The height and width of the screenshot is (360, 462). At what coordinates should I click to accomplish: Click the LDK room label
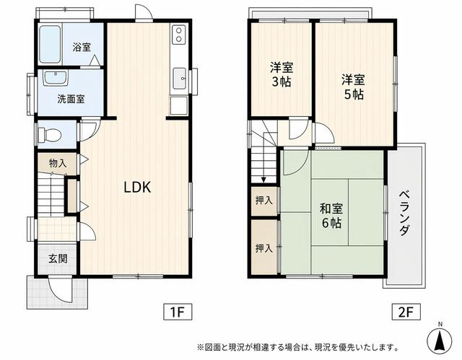click(137, 187)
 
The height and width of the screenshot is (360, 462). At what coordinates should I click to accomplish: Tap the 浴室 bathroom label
click(82, 47)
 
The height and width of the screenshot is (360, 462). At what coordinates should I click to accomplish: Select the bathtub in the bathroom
click(50, 45)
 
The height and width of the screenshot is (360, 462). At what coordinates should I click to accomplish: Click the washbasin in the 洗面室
click(56, 78)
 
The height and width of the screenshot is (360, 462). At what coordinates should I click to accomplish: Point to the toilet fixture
click(50, 135)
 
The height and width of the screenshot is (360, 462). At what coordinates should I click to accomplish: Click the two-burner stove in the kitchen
click(178, 35)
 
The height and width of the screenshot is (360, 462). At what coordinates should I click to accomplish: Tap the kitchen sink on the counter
click(180, 79)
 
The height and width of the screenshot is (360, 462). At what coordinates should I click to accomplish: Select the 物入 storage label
click(58, 163)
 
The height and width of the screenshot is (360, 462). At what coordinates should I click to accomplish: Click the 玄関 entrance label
click(58, 259)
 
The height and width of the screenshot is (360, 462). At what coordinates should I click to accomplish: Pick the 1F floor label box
click(178, 312)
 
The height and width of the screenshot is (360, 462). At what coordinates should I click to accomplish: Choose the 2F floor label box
click(406, 312)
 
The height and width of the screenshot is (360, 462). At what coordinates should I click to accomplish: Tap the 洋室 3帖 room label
click(282, 74)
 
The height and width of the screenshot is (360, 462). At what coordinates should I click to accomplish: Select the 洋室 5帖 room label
click(353, 87)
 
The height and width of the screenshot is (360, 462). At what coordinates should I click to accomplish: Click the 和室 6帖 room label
click(331, 216)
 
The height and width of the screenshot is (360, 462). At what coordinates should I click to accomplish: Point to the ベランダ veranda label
click(404, 213)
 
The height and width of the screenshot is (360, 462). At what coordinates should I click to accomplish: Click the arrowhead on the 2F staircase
click(263, 180)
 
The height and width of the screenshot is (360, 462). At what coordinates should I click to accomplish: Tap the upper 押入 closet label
click(263, 201)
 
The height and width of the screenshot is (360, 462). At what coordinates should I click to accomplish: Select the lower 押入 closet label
click(263, 248)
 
